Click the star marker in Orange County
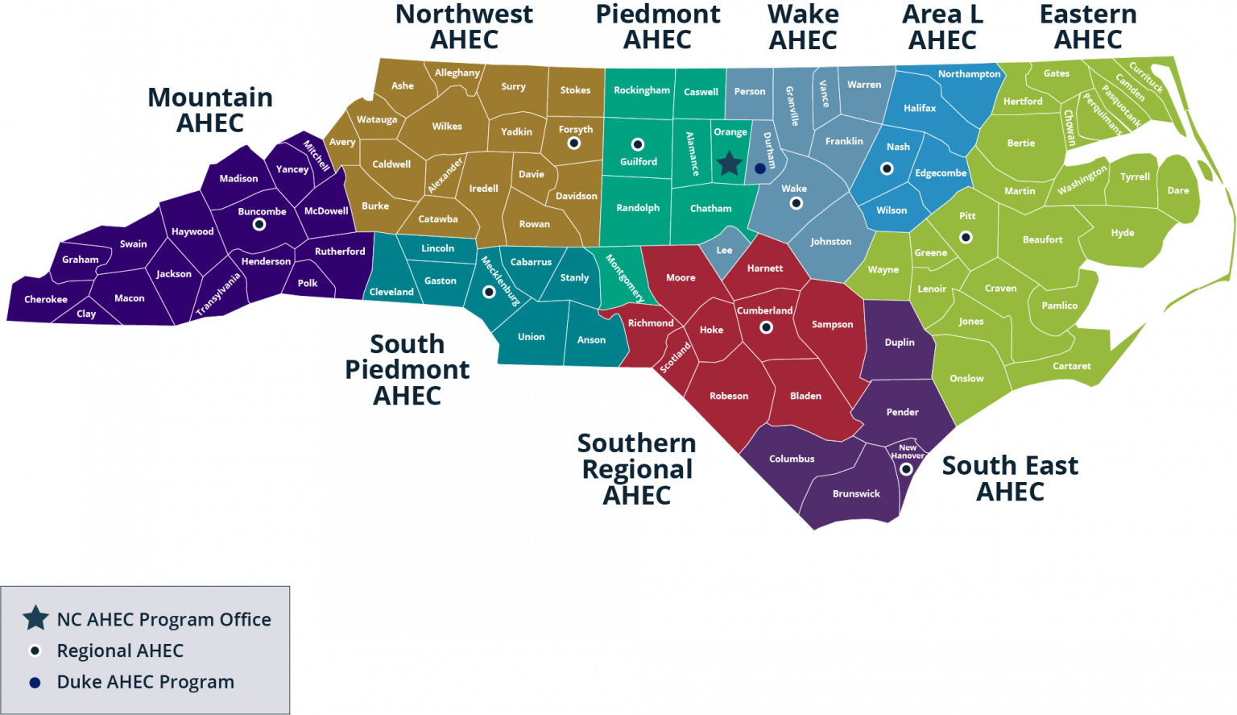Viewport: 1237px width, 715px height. (x=729, y=164)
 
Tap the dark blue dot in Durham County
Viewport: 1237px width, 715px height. (x=759, y=168)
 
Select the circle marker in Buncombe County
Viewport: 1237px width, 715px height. (x=259, y=224)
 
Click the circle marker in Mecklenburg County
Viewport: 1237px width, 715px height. (x=489, y=292)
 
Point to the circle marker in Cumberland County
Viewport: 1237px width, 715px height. (x=766, y=327)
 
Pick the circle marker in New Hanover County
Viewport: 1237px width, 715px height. (x=906, y=468)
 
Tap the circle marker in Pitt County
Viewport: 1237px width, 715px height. (x=966, y=237)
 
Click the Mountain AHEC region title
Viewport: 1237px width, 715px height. (x=210, y=110)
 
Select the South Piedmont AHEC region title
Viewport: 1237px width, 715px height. (x=408, y=369)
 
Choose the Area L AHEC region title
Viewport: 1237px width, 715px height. (x=942, y=27)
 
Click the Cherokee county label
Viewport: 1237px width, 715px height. (x=46, y=299)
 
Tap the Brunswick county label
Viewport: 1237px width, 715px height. (x=856, y=493)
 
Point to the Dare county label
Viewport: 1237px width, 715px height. (x=1177, y=190)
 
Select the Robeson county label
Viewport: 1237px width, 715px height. (x=729, y=396)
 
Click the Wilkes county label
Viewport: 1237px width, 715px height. (x=447, y=126)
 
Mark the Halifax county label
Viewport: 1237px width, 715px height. (x=920, y=108)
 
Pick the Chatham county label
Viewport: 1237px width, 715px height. (x=711, y=208)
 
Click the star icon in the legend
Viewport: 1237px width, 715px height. (x=35, y=618)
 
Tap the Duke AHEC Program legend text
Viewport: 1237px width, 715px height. (x=145, y=682)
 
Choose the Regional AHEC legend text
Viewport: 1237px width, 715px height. (x=120, y=651)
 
